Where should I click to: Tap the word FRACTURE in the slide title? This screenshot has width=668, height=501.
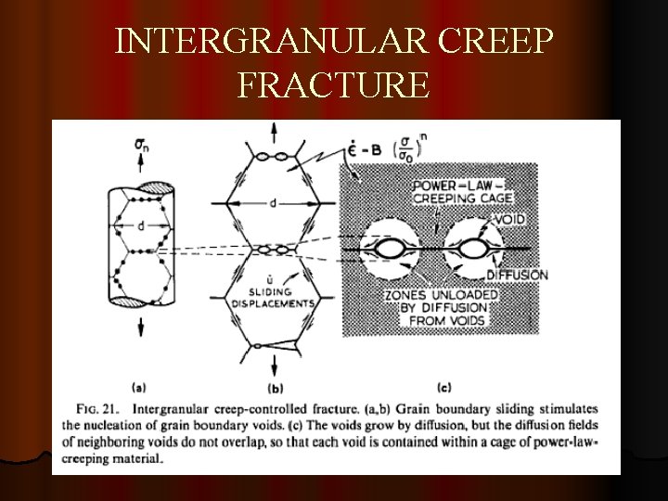point(333,85)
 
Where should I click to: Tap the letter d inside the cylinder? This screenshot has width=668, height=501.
point(140,225)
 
